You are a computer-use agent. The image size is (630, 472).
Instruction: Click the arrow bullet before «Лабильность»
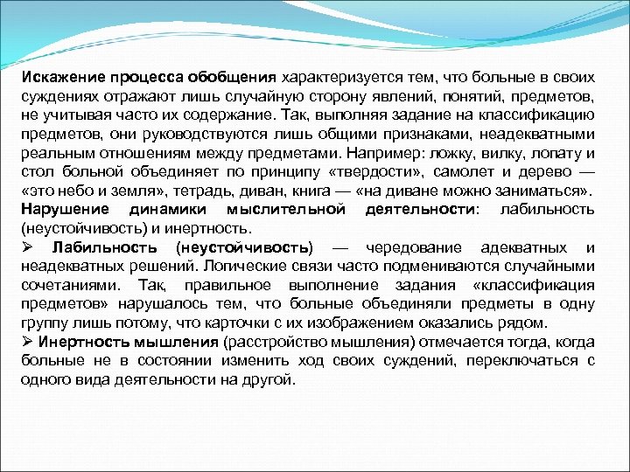point(28,247)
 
